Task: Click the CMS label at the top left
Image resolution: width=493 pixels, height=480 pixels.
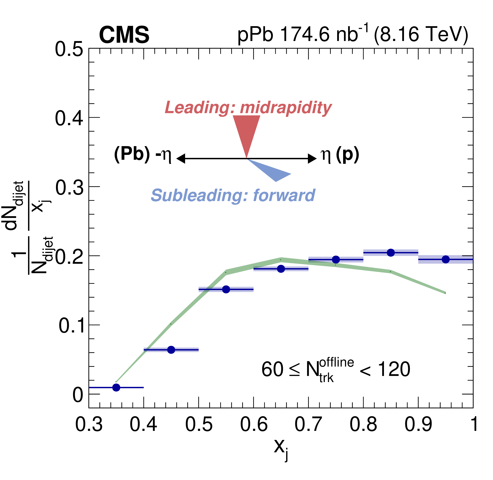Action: (124, 35)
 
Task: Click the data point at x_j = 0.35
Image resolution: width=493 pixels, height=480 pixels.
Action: (116, 388)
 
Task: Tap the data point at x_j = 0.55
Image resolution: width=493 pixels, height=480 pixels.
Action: (226, 289)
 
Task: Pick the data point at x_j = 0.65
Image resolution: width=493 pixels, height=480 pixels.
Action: (281, 269)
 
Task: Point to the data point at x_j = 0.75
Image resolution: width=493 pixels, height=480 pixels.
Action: (336, 259)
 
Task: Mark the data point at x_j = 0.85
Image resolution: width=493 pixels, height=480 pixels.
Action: (391, 253)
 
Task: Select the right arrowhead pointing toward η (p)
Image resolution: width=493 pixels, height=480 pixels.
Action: (313, 159)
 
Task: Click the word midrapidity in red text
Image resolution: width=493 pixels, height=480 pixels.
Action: (286, 108)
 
